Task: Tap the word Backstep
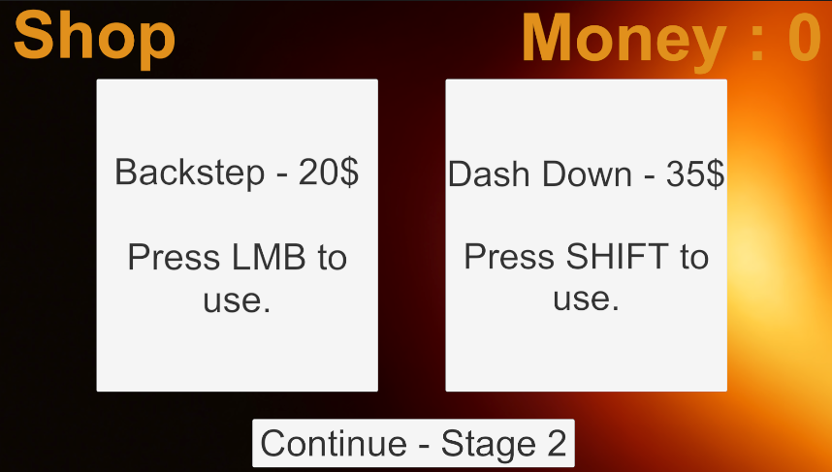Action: click(189, 173)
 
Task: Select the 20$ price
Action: click(329, 172)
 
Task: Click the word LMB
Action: click(269, 258)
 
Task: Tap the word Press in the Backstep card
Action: click(174, 258)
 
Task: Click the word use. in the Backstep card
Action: click(237, 300)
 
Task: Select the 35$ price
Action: click(695, 173)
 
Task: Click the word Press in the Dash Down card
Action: click(510, 257)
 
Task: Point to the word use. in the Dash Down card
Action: click(587, 299)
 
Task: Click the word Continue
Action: click(334, 443)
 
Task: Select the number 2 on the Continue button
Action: click(557, 443)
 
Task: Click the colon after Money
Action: click(757, 44)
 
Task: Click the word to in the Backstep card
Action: click(333, 258)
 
